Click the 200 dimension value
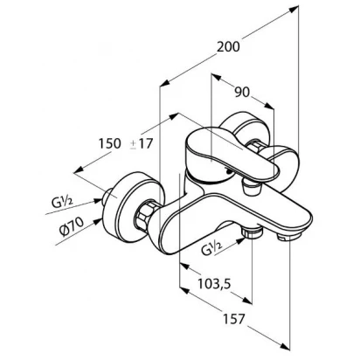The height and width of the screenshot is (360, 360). (228, 46)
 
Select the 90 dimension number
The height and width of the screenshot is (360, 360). (242, 93)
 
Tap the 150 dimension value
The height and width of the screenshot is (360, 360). (109, 143)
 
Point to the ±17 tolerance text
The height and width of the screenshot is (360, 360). (142, 143)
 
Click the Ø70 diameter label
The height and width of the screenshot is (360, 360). (72, 227)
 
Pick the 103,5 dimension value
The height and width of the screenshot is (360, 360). (214, 283)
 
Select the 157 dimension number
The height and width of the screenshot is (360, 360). (234, 319)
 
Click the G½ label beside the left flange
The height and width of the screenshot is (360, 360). (62, 201)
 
